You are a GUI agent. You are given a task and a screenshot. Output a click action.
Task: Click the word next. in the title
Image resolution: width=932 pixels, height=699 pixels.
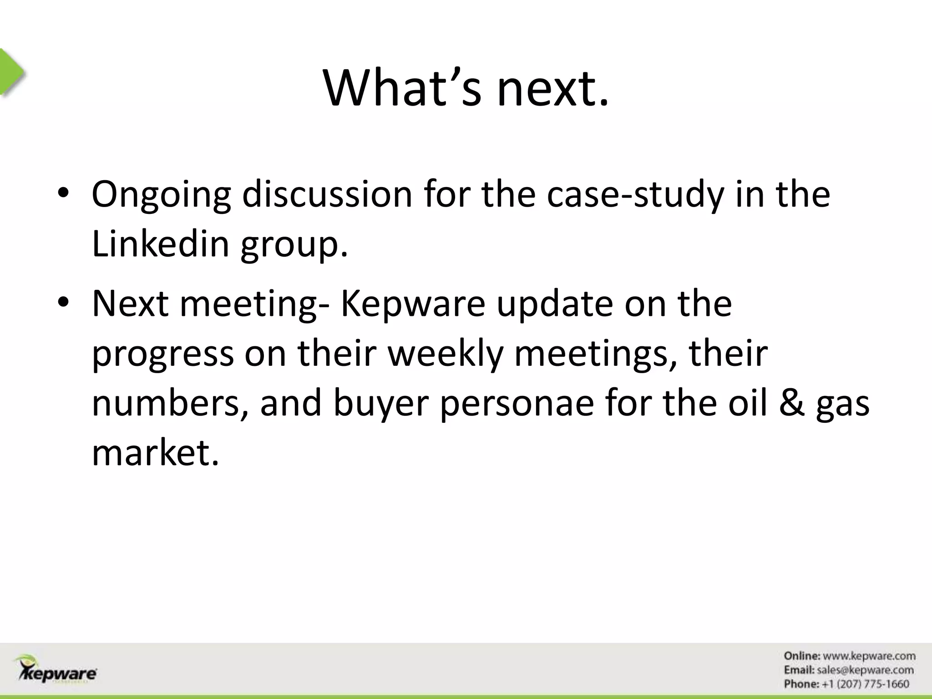coord(552,89)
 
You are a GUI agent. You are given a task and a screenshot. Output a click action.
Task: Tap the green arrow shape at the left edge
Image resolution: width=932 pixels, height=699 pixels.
coord(11,72)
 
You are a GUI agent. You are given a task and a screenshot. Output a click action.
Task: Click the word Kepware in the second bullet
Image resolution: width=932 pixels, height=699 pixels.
coord(413,304)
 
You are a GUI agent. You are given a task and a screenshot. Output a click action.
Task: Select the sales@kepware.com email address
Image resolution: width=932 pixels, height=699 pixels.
coord(865,670)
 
